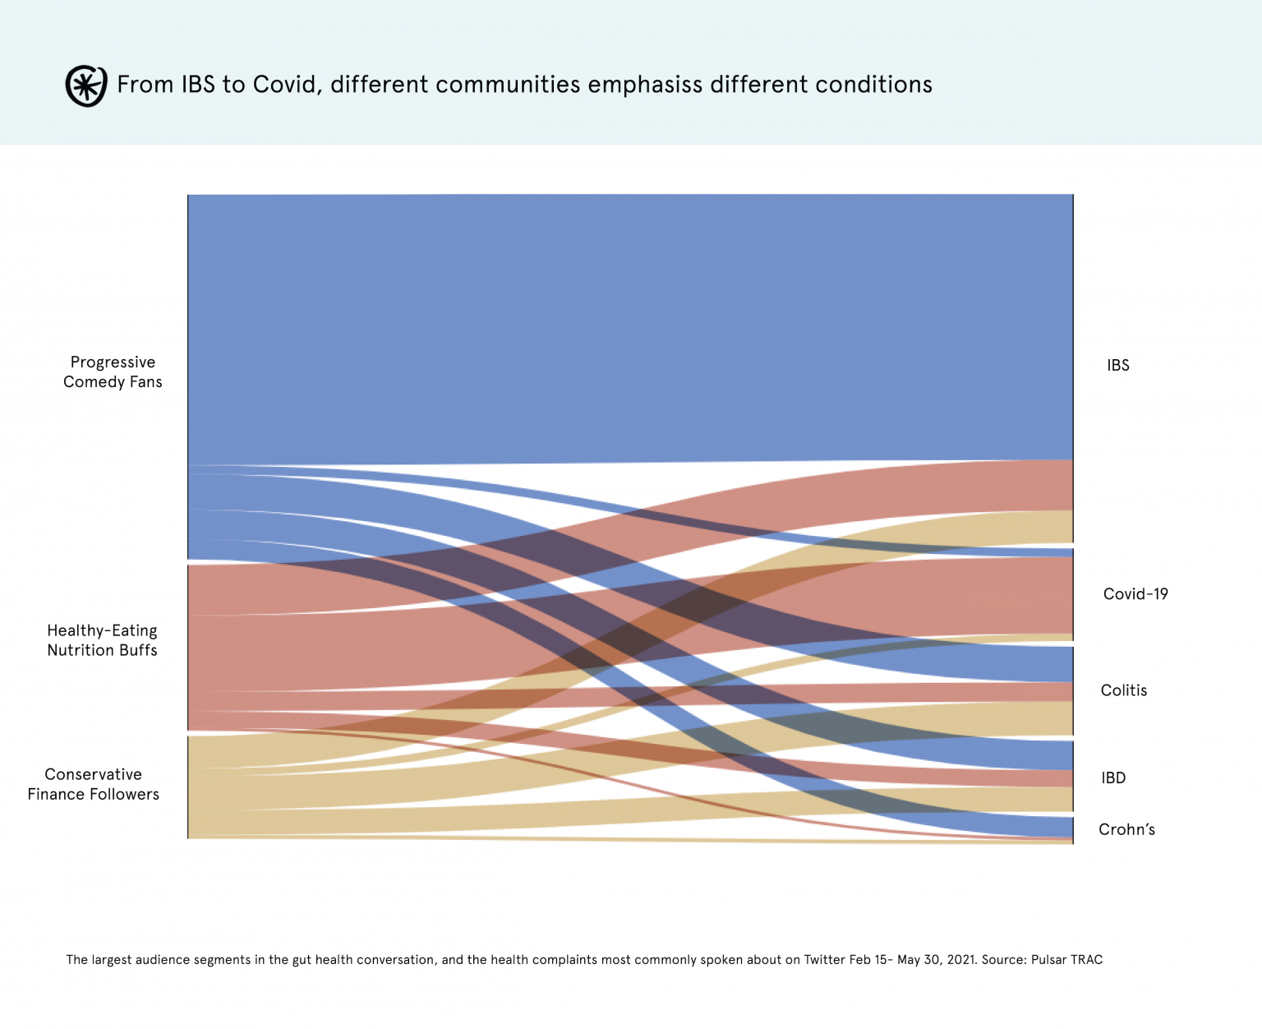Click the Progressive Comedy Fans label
(113, 372)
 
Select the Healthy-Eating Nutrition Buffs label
(102, 640)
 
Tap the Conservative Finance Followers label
(93, 784)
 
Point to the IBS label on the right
(1117, 366)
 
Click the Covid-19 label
(1135, 594)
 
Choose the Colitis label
(1123, 690)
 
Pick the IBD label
(1113, 778)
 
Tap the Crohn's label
(1126, 829)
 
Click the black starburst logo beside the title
(86, 85)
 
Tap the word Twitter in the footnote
(827, 959)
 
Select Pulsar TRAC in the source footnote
(1066, 959)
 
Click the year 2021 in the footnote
(960, 959)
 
